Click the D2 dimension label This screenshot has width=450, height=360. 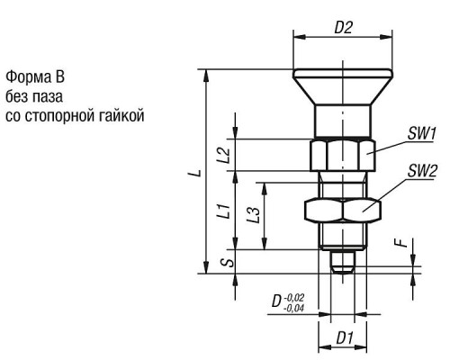click(x=343, y=28)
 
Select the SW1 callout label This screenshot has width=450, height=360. click(x=421, y=133)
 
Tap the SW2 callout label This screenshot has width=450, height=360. click(x=421, y=171)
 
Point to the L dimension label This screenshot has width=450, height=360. click(x=194, y=173)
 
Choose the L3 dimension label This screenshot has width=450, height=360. click(x=253, y=215)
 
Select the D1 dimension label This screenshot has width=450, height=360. click(x=345, y=338)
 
